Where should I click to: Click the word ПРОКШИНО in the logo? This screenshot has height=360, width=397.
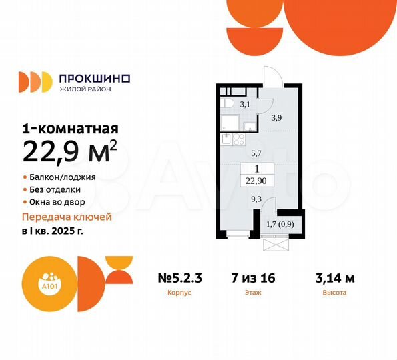coord(95,77)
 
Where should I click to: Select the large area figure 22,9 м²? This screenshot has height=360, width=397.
coord(71,154)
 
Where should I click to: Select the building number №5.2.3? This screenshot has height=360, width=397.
coord(176,278)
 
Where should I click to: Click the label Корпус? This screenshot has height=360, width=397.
coord(176,293)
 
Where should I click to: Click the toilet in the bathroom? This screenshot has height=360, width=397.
coord(228,103)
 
